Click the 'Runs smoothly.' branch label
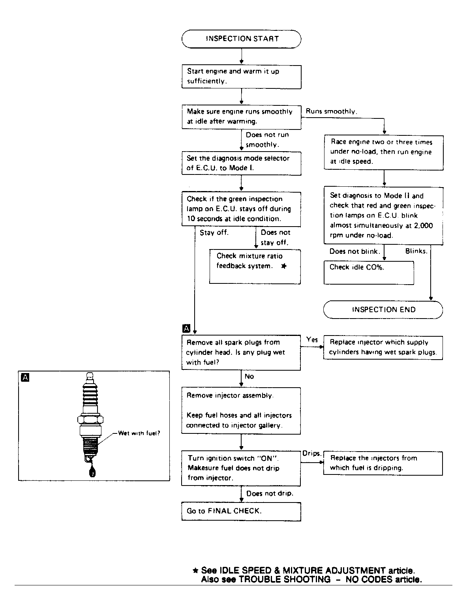(x=332, y=111)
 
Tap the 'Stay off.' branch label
(x=214, y=232)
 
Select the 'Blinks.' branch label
(x=416, y=251)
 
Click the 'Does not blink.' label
(x=354, y=251)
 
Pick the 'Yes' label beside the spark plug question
(x=312, y=339)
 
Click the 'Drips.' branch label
(x=311, y=453)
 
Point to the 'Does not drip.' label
(x=270, y=493)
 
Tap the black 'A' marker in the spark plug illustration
(x=25, y=378)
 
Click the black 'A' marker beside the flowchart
(x=186, y=328)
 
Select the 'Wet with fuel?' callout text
(x=139, y=433)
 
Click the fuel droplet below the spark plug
(x=92, y=472)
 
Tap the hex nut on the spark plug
(x=90, y=420)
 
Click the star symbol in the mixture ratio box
(x=284, y=266)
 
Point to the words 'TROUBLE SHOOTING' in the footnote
(x=284, y=579)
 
